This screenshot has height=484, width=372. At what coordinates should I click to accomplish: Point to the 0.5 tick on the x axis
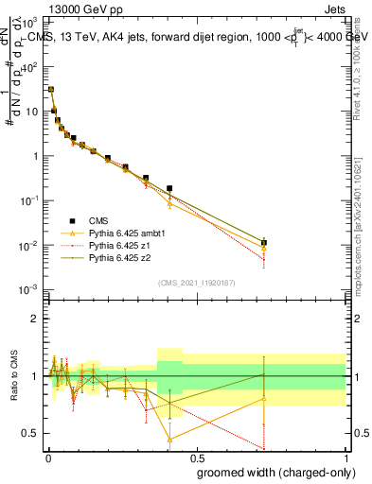tap(196, 456)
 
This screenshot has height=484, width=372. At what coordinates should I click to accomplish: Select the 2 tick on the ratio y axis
tap(35, 319)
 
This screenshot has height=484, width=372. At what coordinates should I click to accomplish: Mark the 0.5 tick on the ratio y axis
tap(31, 433)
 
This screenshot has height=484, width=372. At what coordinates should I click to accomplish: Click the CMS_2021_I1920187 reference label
tap(196, 283)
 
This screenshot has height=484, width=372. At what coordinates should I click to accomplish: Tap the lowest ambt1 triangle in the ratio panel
tap(169, 440)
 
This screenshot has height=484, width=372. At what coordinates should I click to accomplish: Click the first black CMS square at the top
tap(50, 90)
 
